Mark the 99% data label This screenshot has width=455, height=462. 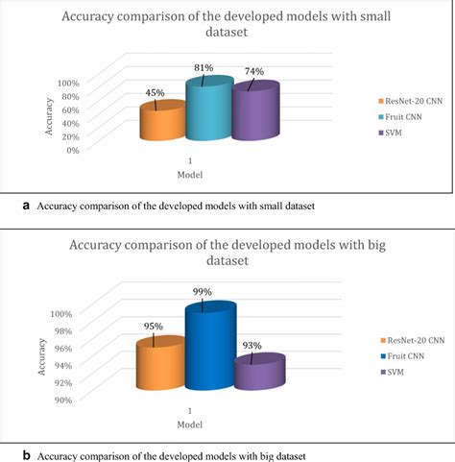click(x=204, y=292)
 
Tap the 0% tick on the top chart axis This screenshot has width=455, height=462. click(x=71, y=150)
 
